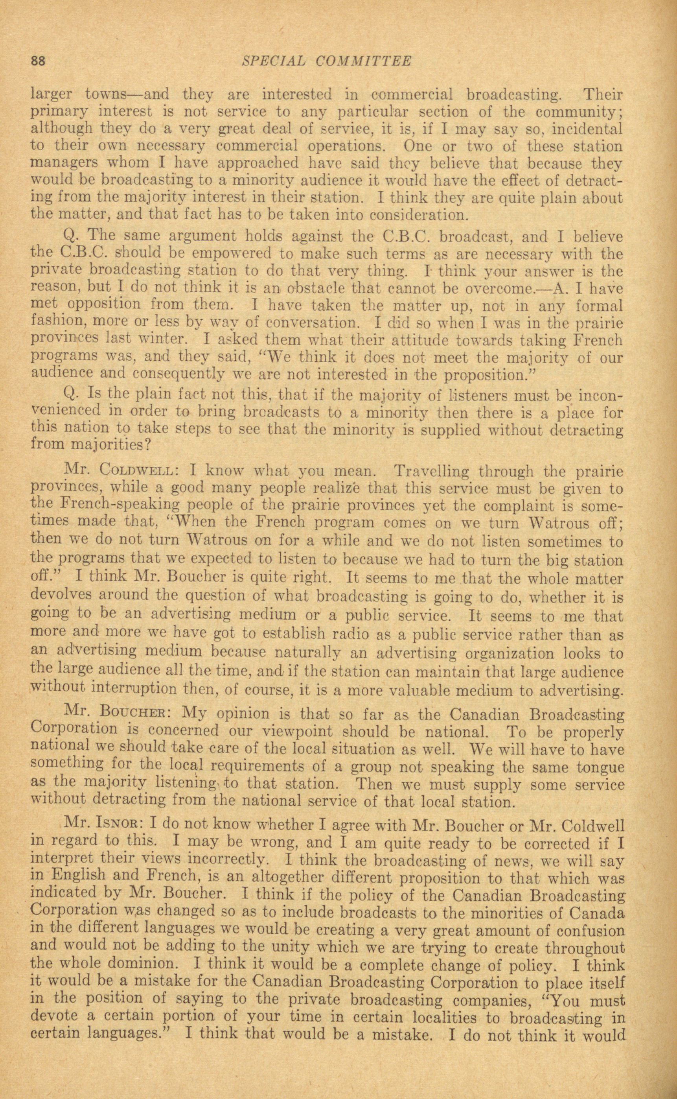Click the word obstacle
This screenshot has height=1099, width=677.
click(317, 289)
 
